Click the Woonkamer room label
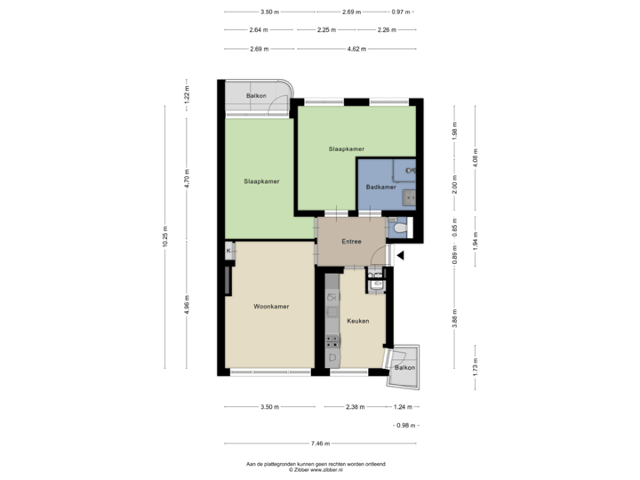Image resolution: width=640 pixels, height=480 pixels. point(271,306)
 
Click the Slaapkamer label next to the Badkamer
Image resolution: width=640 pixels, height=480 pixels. point(346,148)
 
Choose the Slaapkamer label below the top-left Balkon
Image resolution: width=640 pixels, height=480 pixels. point(262,181)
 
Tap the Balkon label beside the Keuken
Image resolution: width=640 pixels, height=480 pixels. point(404,367)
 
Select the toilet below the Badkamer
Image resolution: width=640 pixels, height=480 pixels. point(400,229)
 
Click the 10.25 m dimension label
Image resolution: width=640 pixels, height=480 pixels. point(165,236)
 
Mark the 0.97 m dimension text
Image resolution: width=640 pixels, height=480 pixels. point(402,12)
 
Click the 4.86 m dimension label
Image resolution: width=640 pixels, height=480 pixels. point(187,304)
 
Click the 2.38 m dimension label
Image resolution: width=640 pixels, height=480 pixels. point(356,406)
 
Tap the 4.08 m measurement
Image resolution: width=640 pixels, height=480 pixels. point(476,157)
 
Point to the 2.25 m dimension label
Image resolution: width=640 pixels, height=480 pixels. point(326,30)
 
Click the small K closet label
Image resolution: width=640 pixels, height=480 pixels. point(229,252)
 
